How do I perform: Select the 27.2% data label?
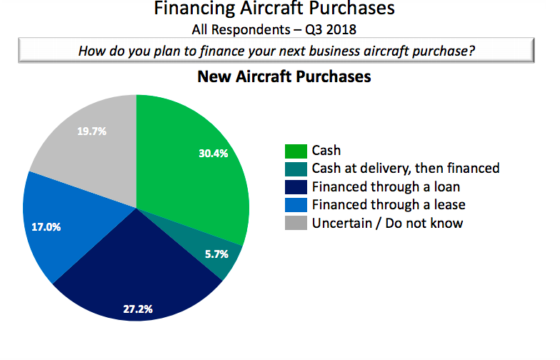click(137, 309)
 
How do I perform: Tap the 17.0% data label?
click(46, 228)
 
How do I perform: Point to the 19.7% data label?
click(91, 131)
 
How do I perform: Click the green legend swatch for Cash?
click(295, 151)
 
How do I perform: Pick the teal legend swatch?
click(295, 169)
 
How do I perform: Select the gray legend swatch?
click(295, 223)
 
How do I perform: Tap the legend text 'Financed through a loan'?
click(386, 187)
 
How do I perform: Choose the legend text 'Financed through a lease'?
click(389, 205)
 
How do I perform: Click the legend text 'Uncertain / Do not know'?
click(387, 223)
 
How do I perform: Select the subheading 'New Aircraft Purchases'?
click(284, 76)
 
